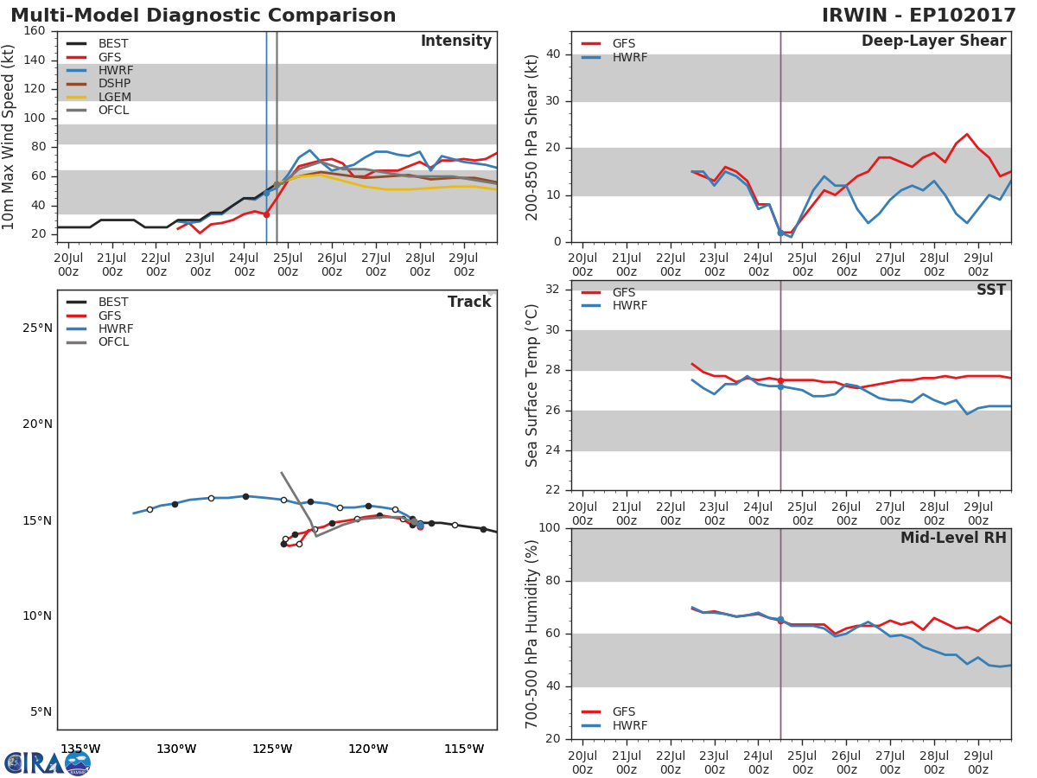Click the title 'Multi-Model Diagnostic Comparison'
pos(203,16)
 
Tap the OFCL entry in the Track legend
pos(113,342)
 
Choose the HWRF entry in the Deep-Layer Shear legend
pos(628,57)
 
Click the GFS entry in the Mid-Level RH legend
pos(623,711)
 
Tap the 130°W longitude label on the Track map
pos(176,749)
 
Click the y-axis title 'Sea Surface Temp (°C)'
pos(532,386)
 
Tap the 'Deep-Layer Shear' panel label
pos(933,41)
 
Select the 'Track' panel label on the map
pos(468,302)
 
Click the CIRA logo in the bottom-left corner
pos(47,762)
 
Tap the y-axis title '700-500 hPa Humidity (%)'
pos(532,634)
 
